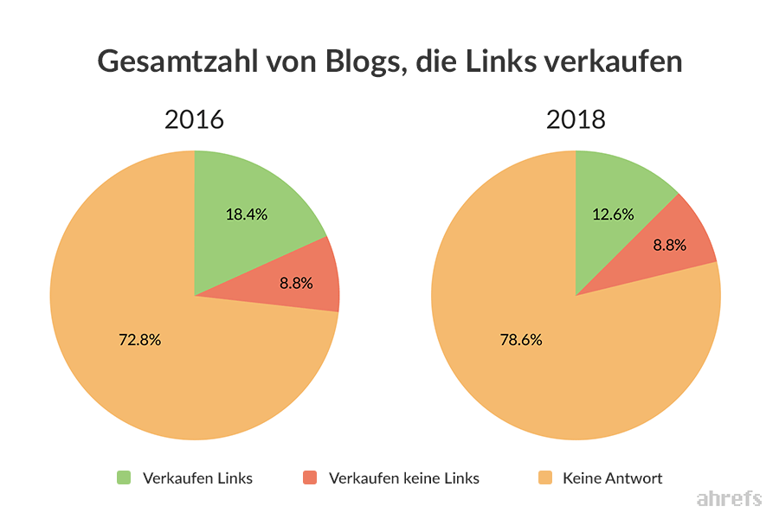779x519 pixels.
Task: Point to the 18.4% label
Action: [x=247, y=215]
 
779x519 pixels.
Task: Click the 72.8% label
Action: [x=139, y=339]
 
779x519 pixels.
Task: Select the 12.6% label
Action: [x=614, y=215]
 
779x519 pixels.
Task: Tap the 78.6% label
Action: [x=521, y=339]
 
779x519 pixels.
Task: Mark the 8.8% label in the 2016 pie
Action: [x=296, y=282]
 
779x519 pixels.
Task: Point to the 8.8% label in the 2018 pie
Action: [x=669, y=245]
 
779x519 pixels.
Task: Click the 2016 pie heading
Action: [x=194, y=119]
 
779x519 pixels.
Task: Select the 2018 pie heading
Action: [x=576, y=119]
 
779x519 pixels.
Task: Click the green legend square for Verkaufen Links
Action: [x=125, y=477]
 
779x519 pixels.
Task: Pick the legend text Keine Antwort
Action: [x=612, y=477]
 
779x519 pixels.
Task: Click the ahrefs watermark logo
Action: [x=729, y=498]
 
